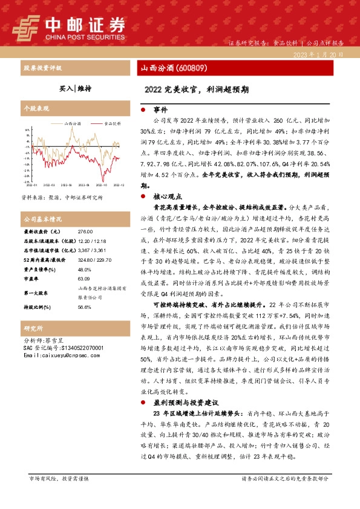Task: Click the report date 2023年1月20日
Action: [x=319, y=54]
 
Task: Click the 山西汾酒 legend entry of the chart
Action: [x=73, y=123]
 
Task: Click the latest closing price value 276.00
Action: [x=86, y=231]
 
